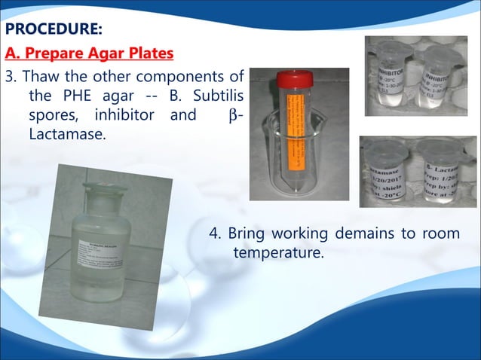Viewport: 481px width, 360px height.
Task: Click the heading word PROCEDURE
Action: pos(53,31)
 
